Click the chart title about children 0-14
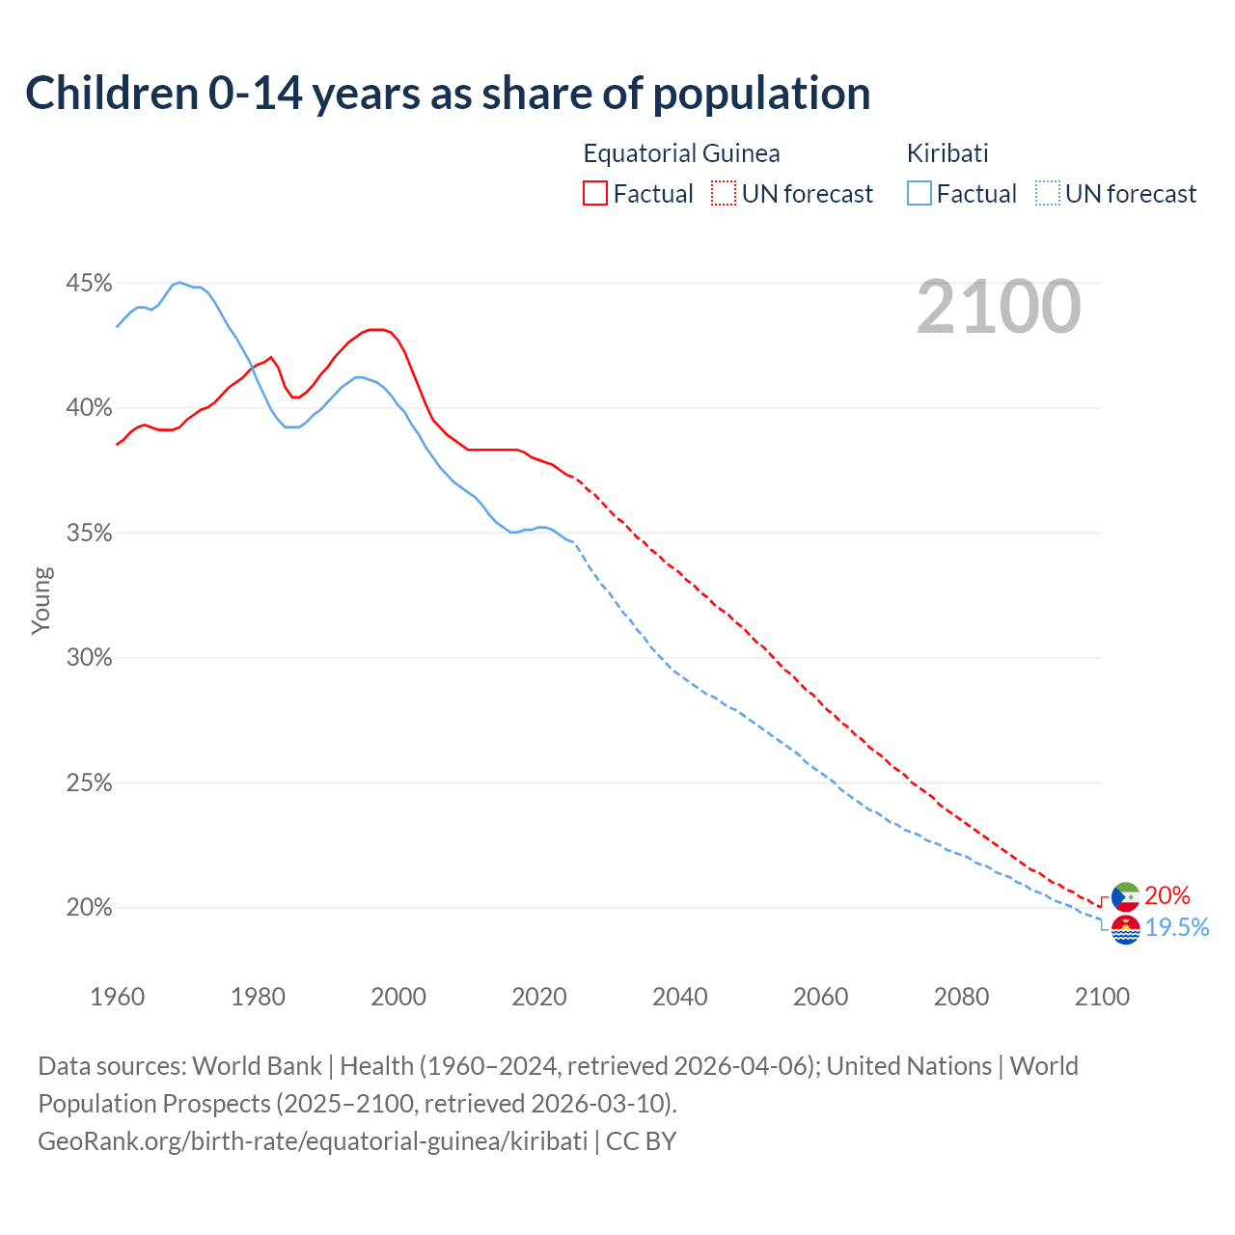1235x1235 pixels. (x=448, y=94)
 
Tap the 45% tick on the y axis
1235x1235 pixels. (x=89, y=284)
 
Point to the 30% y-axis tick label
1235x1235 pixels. (x=89, y=658)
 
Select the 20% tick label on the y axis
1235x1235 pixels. (x=89, y=908)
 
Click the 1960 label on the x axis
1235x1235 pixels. (x=117, y=997)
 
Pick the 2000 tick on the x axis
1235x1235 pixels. (x=398, y=997)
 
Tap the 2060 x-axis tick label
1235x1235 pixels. (x=820, y=997)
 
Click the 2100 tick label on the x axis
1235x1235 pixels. (x=1102, y=997)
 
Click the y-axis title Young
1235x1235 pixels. (x=41, y=600)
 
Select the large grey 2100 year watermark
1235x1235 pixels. (x=999, y=307)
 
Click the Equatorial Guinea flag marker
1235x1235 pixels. (x=1125, y=896)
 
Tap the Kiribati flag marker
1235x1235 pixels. (x=1125, y=929)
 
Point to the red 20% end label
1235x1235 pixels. (x=1167, y=896)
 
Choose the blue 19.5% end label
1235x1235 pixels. (x=1177, y=928)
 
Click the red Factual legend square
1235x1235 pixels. (x=595, y=194)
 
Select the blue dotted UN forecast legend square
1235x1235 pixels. (x=1048, y=194)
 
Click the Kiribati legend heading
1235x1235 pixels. (x=947, y=153)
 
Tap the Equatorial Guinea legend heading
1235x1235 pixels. (x=681, y=153)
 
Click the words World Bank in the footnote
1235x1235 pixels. (x=257, y=1066)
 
